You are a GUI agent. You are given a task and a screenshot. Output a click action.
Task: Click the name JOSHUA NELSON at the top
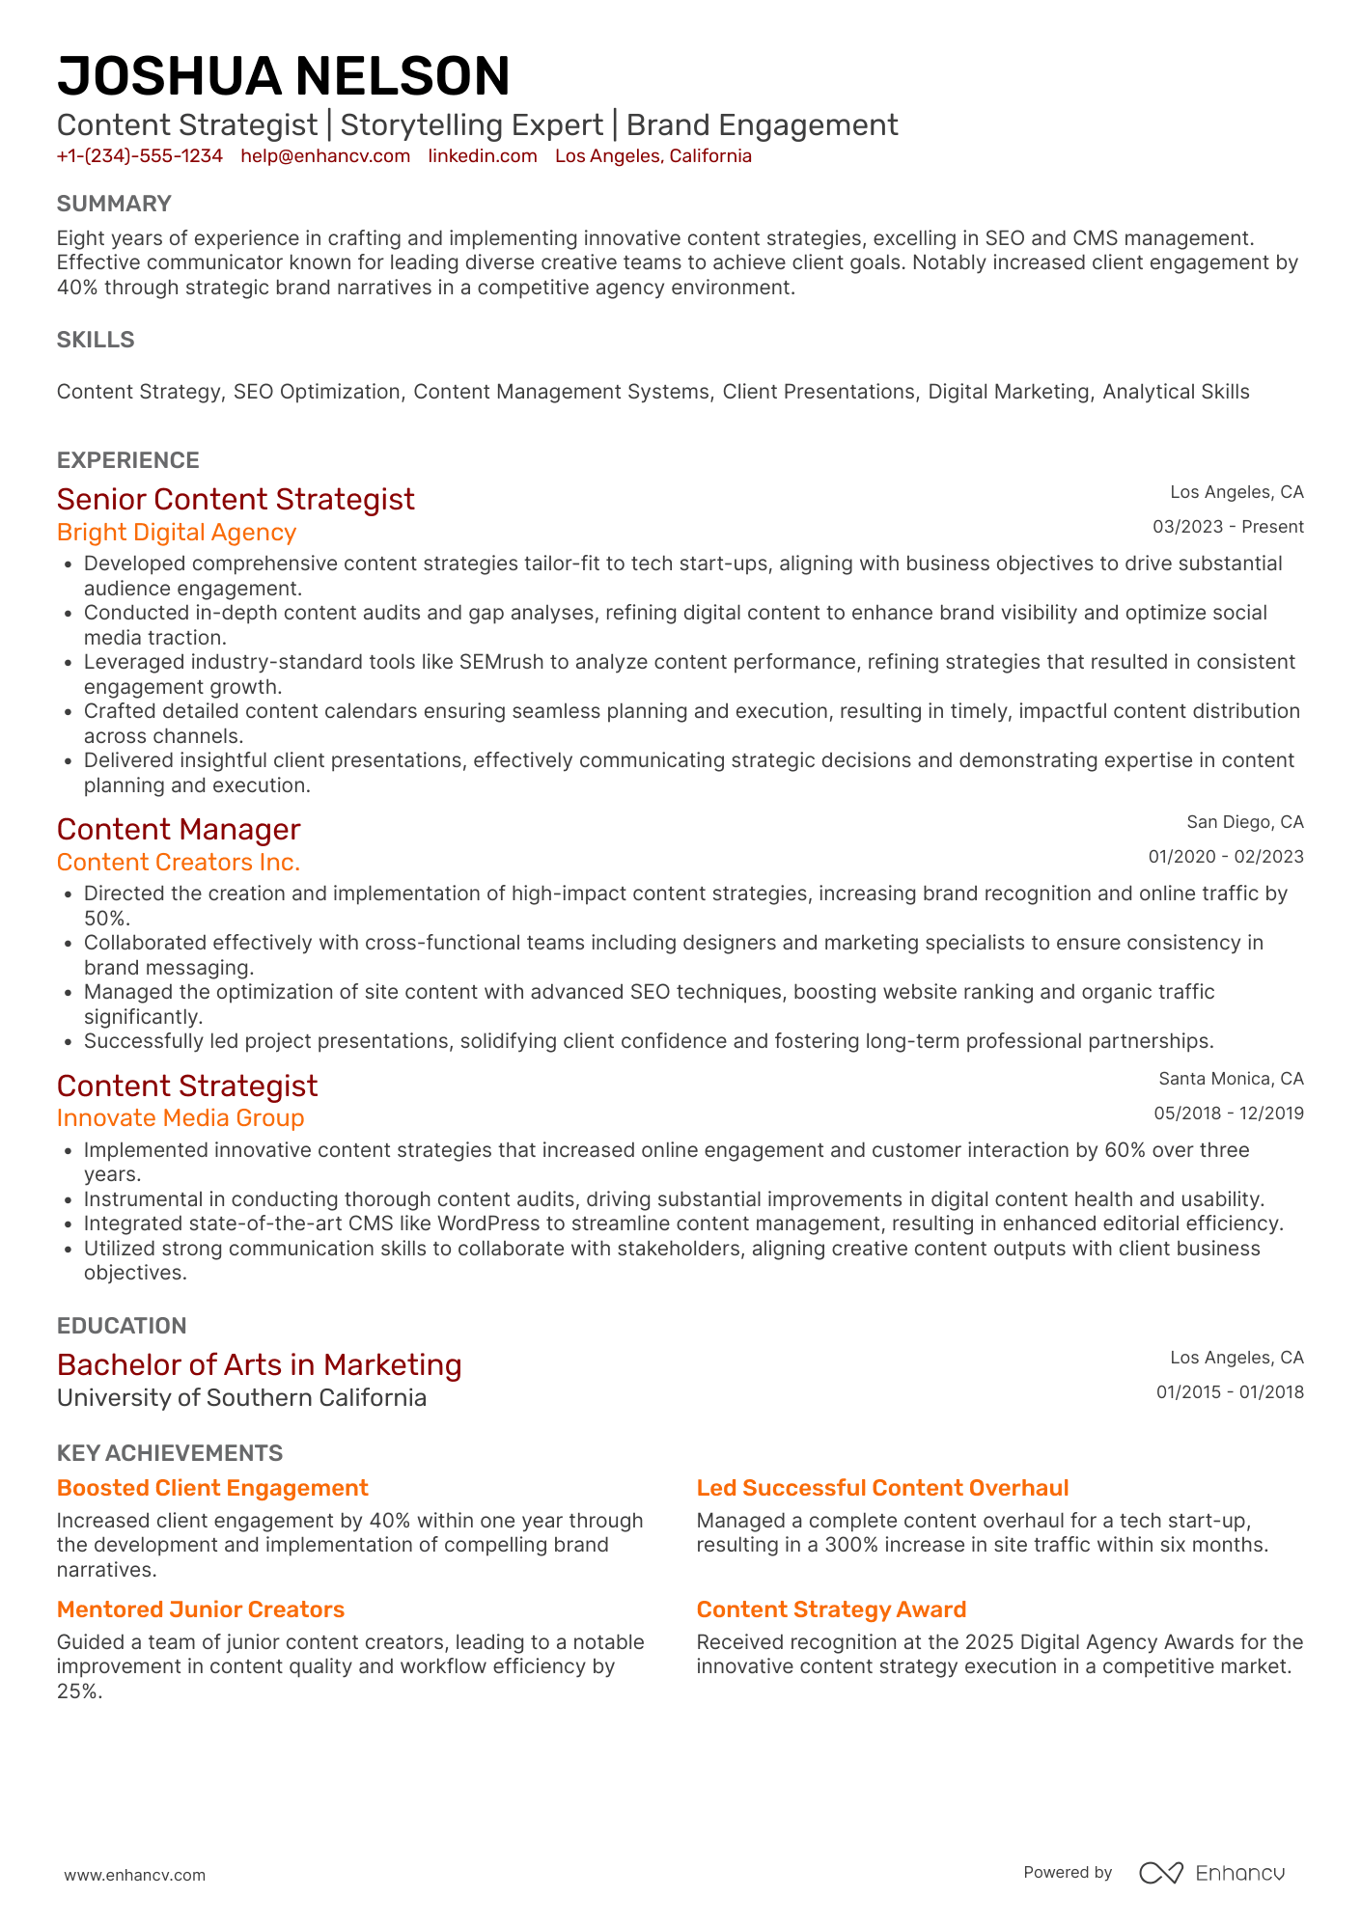pos(283,76)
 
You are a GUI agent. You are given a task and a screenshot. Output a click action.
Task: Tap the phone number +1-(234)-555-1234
pos(140,156)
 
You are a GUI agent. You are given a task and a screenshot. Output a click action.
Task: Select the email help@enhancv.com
pos(325,156)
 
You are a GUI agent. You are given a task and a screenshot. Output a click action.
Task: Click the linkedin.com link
pos(483,156)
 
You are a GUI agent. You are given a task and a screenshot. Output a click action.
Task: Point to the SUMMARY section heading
pos(114,204)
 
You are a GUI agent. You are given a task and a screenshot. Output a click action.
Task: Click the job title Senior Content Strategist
pos(236,499)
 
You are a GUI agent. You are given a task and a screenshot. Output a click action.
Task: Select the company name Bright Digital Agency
pos(177,533)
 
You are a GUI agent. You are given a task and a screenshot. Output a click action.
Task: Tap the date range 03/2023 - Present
pos(1228,527)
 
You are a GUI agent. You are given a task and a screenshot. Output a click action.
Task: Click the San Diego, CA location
pos(1244,822)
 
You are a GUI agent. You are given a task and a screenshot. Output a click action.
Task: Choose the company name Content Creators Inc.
pos(179,863)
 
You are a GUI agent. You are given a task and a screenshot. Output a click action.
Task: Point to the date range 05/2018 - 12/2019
pos(1228,1114)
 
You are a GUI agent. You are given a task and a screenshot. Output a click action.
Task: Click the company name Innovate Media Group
pos(181,1118)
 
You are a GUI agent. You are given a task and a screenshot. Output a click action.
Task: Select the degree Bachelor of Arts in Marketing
pos(259,1364)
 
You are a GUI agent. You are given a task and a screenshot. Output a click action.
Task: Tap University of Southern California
pos(241,1398)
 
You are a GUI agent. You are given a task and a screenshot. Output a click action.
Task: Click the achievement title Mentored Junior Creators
pos(201,1609)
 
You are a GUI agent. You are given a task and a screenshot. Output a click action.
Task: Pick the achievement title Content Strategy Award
pos(831,1609)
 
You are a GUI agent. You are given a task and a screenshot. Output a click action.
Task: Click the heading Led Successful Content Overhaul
pos(882,1488)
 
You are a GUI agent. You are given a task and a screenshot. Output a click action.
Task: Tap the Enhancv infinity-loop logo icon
pos(1160,1873)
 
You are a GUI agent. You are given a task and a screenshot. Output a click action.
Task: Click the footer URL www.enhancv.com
pos(135,1875)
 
